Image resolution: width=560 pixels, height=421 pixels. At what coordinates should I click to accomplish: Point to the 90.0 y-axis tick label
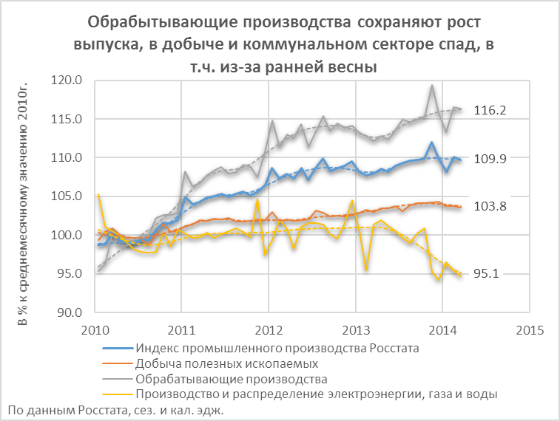(x=69, y=312)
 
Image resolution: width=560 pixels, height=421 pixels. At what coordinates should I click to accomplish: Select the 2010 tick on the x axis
(x=95, y=329)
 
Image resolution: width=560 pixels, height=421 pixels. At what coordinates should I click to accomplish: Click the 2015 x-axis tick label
(x=530, y=329)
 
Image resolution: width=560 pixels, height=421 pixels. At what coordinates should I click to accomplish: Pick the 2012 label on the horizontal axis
(x=269, y=329)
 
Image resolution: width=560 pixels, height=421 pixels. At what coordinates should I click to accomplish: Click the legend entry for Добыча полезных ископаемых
(x=227, y=363)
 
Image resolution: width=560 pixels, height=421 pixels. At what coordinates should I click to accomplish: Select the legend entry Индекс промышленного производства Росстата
(x=267, y=348)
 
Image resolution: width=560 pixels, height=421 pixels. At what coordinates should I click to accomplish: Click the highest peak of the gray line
(x=432, y=85)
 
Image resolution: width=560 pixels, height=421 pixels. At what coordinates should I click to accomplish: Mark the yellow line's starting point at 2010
(x=98, y=194)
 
